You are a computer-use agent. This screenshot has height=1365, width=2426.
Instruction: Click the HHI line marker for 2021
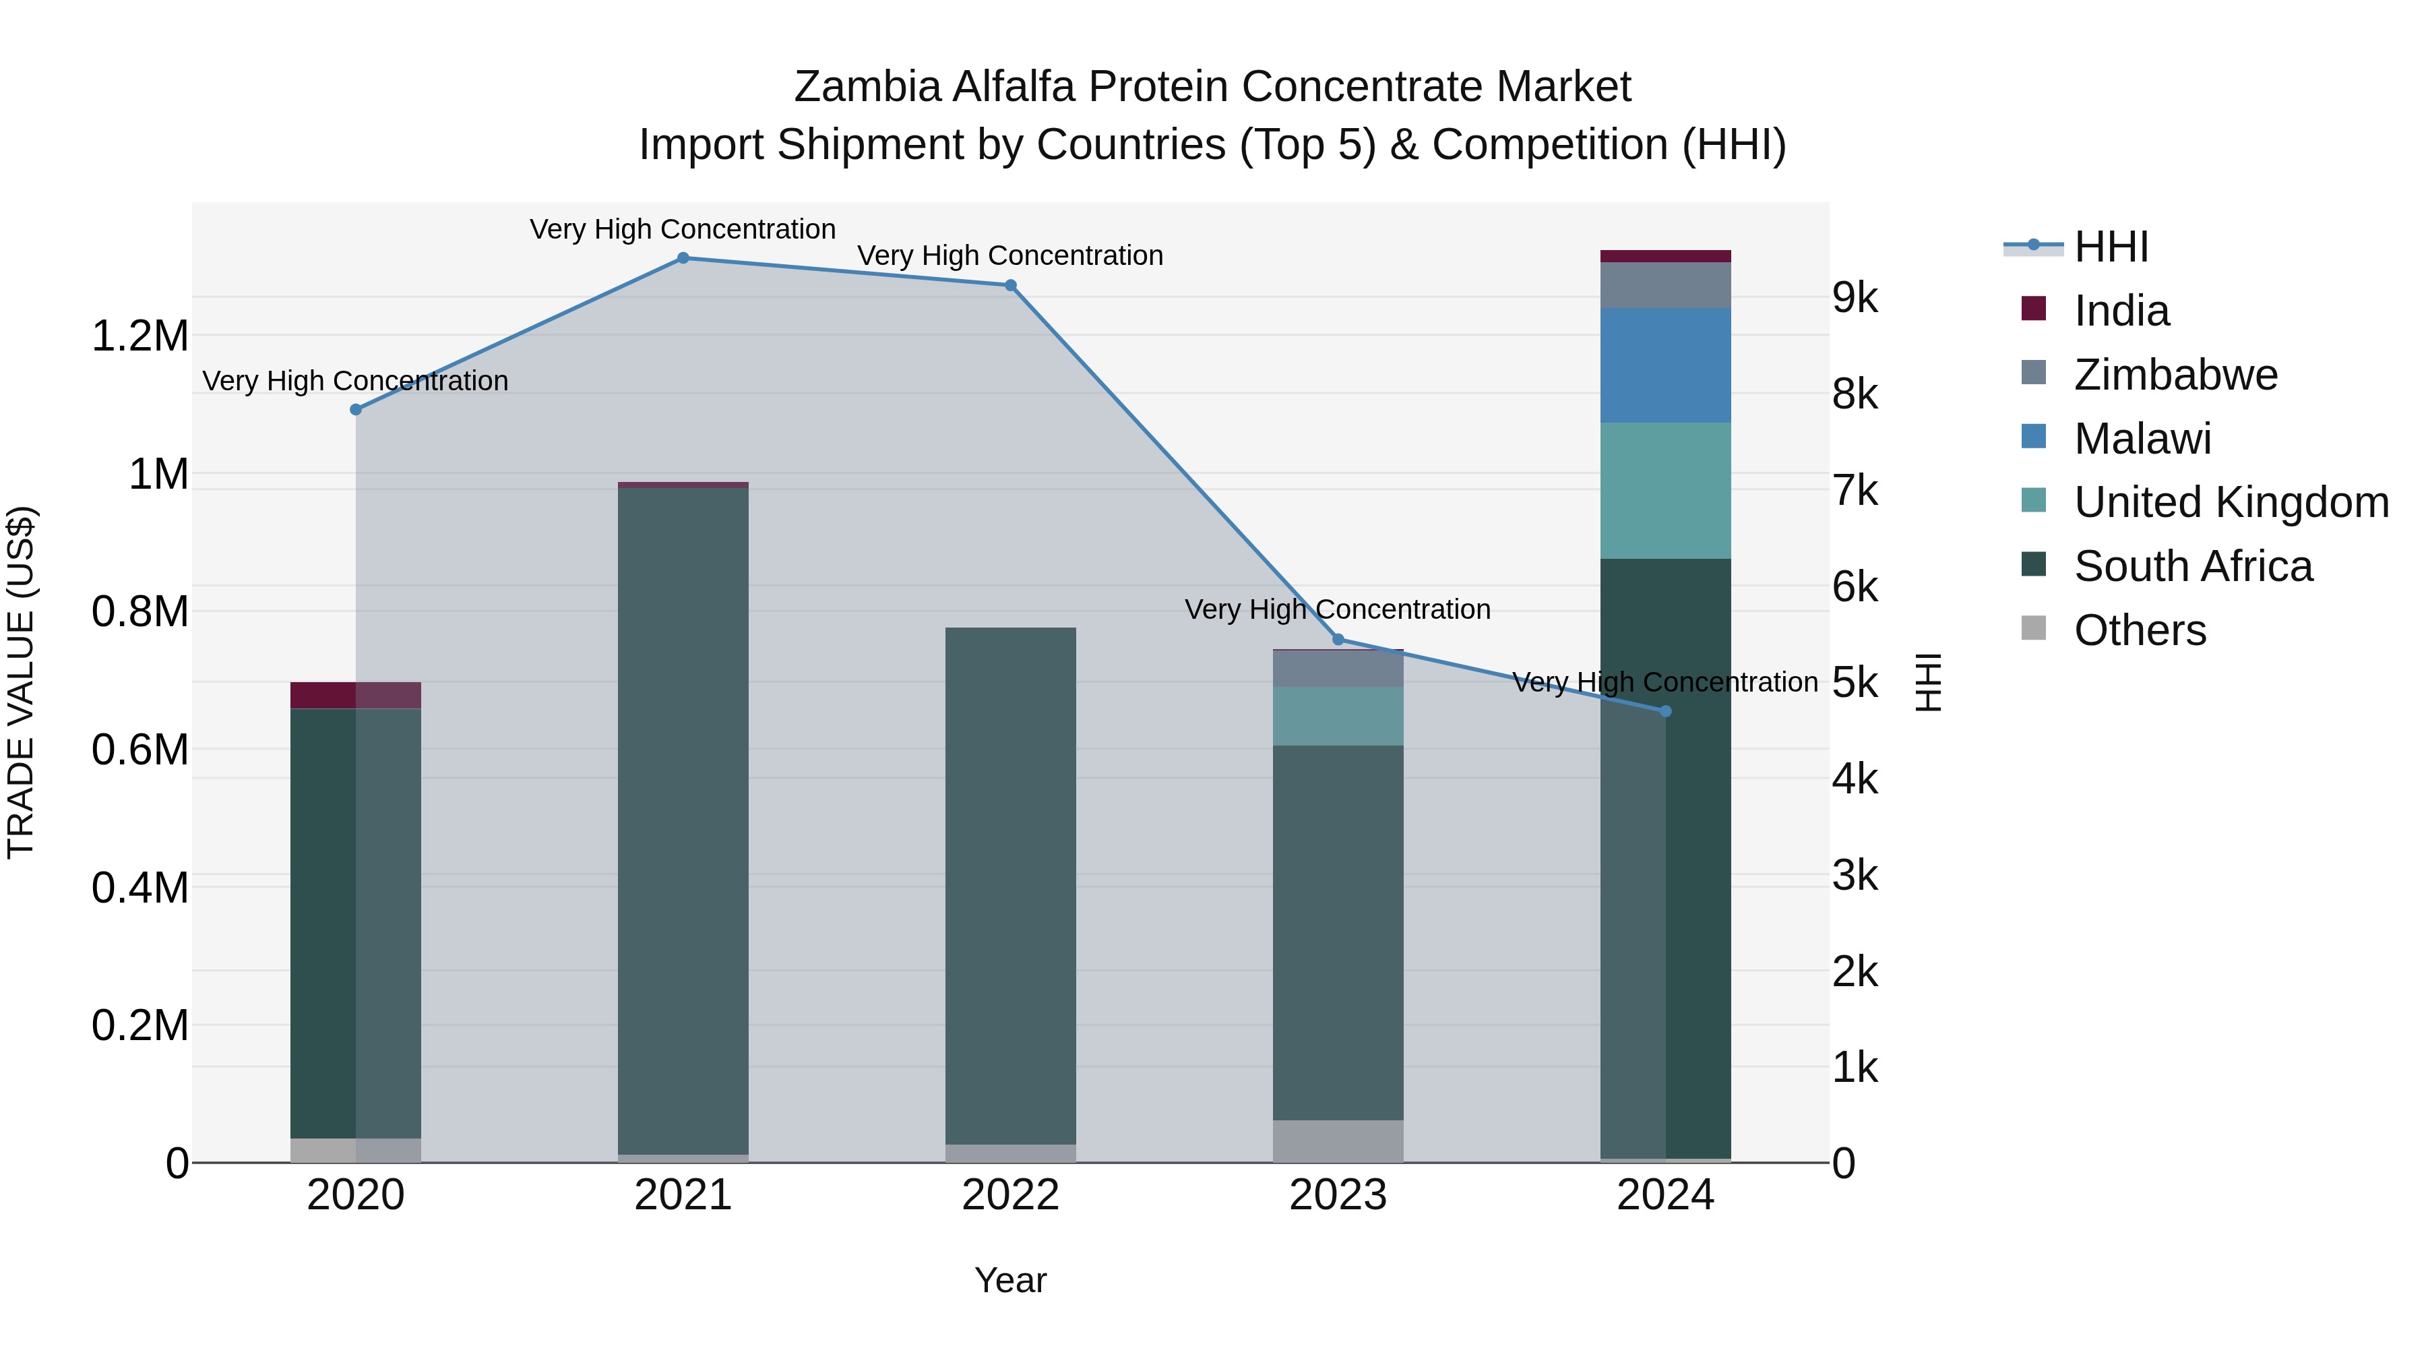(683, 258)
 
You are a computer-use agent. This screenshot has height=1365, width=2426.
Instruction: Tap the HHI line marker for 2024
(1665, 711)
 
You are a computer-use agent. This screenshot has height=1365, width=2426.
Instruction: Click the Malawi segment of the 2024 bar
(1665, 365)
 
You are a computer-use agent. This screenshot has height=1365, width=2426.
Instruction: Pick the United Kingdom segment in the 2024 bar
(1665, 491)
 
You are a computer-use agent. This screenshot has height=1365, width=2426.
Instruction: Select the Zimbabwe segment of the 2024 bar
(1665, 285)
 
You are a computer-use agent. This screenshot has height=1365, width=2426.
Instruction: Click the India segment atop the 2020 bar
(355, 695)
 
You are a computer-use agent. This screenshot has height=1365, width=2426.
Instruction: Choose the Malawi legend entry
(2142, 439)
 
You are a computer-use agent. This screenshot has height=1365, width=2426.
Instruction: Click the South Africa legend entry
(2192, 567)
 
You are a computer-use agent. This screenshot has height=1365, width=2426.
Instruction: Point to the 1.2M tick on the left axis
(139, 336)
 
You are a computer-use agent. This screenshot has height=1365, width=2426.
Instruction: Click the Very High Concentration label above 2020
(355, 382)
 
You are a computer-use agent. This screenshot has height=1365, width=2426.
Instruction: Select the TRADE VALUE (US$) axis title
(21, 682)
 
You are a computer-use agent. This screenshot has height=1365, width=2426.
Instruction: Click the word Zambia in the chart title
(867, 88)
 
